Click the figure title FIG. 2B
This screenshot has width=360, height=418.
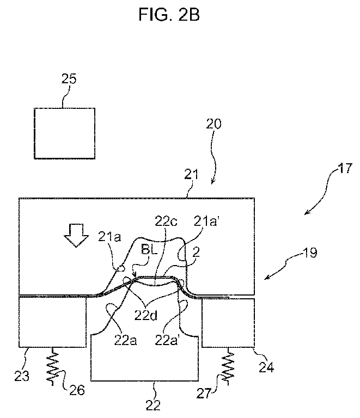(169, 14)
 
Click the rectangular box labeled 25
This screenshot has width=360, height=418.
(64, 133)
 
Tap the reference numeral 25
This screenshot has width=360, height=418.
(69, 78)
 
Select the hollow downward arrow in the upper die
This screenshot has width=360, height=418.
(76, 235)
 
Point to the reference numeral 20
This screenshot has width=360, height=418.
(214, 124)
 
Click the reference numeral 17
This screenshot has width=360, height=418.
(345, 168)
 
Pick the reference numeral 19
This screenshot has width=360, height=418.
(310, 252)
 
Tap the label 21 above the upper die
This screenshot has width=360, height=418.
(192, 175)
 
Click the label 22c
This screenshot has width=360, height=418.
(166, 222)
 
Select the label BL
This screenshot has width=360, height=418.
(149, 250)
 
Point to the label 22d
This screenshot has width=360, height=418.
(145, 315)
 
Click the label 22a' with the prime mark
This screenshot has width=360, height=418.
(167, 340)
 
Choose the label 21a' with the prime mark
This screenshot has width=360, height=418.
(206, 222)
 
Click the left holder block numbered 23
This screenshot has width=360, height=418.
(52, 323)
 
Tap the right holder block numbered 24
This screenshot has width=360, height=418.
(228, 323)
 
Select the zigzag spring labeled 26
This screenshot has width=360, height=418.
(53, 366)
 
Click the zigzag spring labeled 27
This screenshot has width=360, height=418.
(228, 366)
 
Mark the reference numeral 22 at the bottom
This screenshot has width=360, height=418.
(153, 405)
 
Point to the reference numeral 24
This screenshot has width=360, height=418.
(266, 368)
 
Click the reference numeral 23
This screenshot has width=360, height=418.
(22, 376)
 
